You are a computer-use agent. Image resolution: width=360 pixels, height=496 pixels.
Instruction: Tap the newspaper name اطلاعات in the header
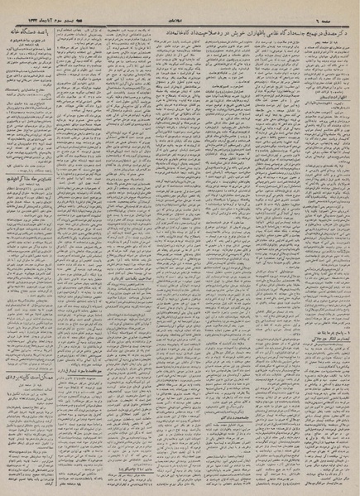pyautogui.click(x=180, y=7)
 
